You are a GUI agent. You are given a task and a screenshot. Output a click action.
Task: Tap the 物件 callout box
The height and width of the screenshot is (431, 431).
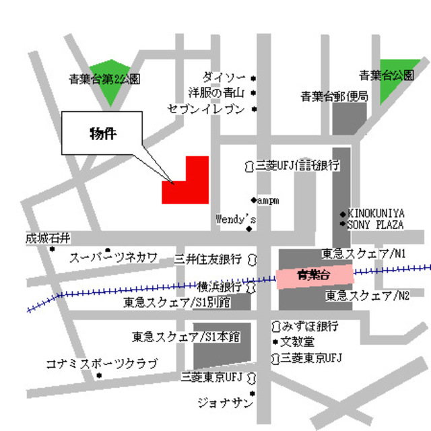click(x=102, y=133)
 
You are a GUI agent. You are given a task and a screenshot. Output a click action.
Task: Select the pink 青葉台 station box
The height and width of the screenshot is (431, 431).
click(x=314, y=275)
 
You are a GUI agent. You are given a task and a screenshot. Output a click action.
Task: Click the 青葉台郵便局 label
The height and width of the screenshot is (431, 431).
click(x=334, y=97)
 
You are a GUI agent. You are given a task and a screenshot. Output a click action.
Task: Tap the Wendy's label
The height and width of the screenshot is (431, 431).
click(x=236, y=219)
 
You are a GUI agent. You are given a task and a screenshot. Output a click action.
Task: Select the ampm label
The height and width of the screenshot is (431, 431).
click(x=268, y=200)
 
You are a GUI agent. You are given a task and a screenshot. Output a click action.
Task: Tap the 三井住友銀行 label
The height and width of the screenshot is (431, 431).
click(x=208, y=259)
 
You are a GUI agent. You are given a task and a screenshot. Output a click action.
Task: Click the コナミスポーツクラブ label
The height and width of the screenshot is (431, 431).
click(x=101, y=364)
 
